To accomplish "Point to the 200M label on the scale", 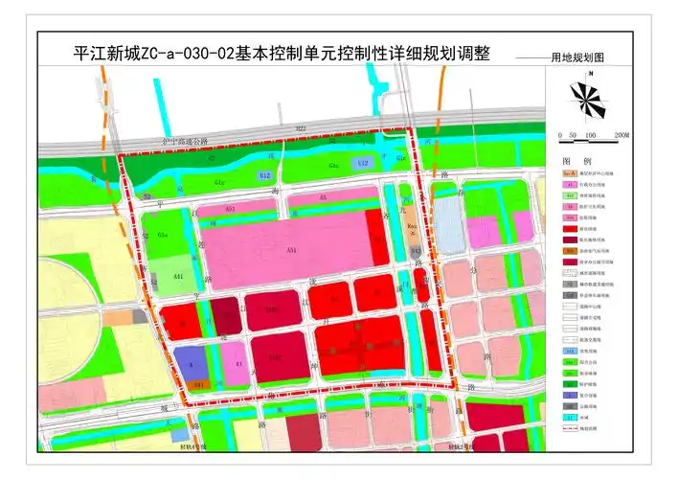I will [621, 135].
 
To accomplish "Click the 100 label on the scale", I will [591, 135].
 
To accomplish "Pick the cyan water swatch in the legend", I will [569, 419].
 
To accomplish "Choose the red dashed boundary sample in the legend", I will [569, 431].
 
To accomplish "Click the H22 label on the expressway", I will [301, 127].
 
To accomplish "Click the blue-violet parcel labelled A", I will [191, 363].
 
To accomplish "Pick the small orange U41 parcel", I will [198, 383].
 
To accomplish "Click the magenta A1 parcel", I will [237, 362].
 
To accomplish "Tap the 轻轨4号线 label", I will [193, 446].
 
